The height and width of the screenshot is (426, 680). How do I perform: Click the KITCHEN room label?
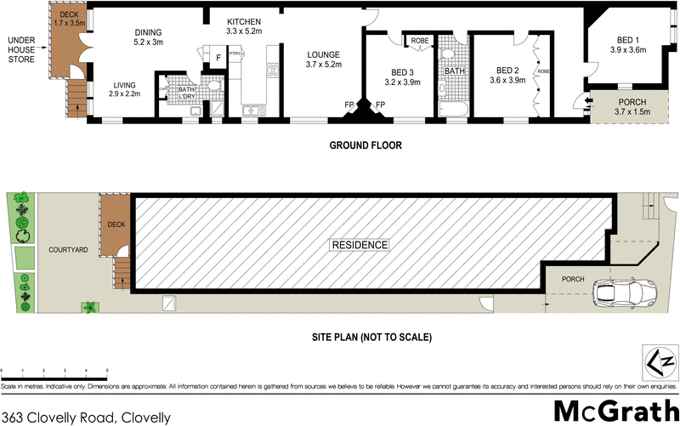(x=244, y=26)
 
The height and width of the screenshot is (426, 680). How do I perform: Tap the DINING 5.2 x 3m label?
(x=148, y=37)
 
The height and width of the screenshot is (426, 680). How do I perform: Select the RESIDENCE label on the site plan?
(x=360, y=245)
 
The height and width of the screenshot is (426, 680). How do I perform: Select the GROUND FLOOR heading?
(x=365, y=146)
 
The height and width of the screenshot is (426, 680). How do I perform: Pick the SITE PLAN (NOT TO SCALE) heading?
(x=372, y=338)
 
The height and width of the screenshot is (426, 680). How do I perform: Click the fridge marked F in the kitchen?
(x=218, y=58)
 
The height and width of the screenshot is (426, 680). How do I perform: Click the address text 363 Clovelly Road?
(x=86, y=417)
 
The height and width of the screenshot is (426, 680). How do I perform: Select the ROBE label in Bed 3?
(x=420, y=40)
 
